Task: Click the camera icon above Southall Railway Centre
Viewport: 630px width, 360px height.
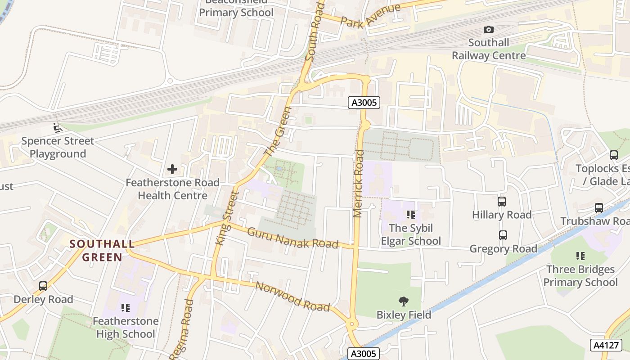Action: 488,30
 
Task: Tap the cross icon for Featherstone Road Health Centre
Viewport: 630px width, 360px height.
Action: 172,170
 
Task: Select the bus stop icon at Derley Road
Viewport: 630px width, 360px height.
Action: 43,286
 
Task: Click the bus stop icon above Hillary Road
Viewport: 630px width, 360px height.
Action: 502,201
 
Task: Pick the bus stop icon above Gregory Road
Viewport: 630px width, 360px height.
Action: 503,235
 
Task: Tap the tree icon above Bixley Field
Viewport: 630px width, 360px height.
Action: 404,301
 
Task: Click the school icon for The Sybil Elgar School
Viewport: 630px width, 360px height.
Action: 410,215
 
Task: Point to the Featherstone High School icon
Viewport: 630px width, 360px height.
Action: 125,308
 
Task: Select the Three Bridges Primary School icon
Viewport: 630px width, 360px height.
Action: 580,256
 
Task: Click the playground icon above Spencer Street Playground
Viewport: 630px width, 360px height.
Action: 57,128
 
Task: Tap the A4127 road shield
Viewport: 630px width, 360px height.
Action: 606,345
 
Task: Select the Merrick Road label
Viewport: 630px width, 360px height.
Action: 359,183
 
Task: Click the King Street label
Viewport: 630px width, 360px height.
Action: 227,218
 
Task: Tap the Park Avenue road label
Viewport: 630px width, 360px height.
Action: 370,16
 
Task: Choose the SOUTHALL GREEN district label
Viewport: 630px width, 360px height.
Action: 102,251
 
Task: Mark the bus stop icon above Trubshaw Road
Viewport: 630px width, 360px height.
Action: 598,208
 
